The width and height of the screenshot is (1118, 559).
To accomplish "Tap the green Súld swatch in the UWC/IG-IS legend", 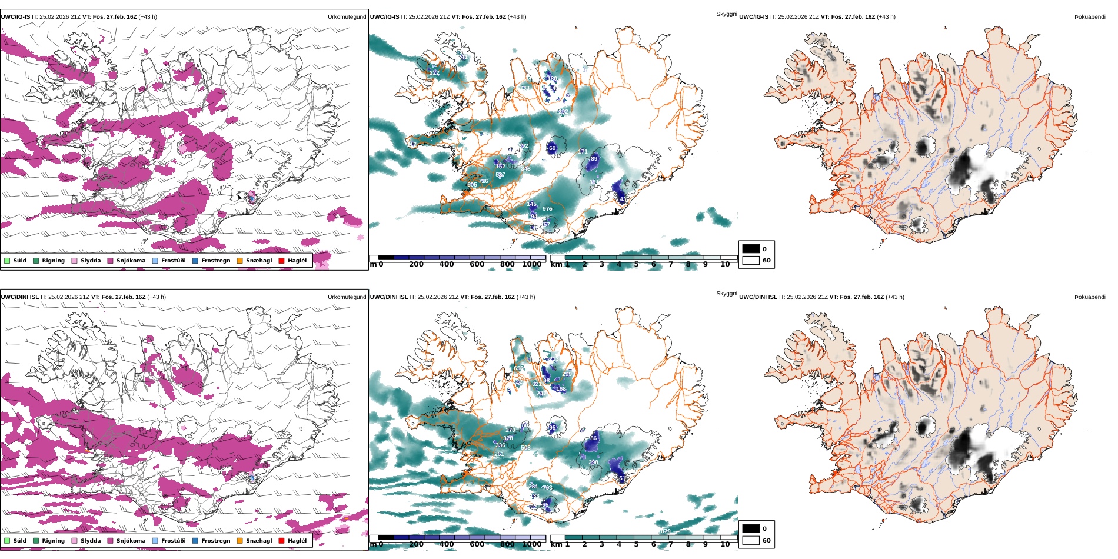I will tap(7, 261).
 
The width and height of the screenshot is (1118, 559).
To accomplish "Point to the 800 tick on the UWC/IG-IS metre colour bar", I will tap(507, 264).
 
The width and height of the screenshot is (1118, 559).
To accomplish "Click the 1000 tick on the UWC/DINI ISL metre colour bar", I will tap(532, 544).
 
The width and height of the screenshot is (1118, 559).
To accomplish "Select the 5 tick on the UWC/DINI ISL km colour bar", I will tap(636, 544).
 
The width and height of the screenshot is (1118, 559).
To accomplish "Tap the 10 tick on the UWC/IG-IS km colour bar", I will tap(725, 264).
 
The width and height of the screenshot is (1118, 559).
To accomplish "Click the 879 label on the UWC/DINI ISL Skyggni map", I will tap(666, 531).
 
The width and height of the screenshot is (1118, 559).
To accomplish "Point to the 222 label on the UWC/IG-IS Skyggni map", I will tap(434, 73).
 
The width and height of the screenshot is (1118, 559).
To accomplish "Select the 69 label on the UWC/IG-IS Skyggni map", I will tap(552, 148).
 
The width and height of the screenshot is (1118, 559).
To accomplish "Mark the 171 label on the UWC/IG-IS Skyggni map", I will tap(583, 152).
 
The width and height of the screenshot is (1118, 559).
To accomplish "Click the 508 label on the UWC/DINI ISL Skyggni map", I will tap(525, 448).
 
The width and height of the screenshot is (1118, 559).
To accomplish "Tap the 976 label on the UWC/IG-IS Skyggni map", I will tap(547, 209).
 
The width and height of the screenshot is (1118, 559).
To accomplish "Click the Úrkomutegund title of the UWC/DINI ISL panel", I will tap(347, 297).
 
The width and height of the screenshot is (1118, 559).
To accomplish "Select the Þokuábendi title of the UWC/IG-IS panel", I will tap(1090, 17).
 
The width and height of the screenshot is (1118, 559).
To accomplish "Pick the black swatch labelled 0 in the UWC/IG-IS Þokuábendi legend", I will tap(751, 249).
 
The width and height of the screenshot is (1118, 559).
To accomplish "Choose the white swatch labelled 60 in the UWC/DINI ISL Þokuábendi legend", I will tap(751, 540).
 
